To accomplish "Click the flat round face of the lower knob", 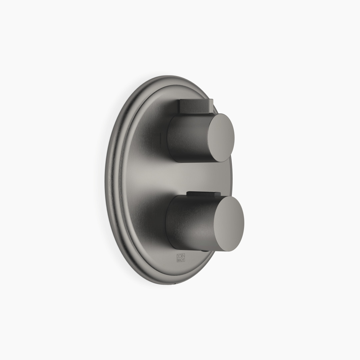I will tap(229, 224).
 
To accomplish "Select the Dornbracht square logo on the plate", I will tap(181, 258).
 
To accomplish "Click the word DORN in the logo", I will tap(181, 256).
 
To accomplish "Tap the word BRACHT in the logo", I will tap(181, 260).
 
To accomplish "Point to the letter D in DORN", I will tap(178, 256).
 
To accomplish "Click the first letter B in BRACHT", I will tap(178, 260).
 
